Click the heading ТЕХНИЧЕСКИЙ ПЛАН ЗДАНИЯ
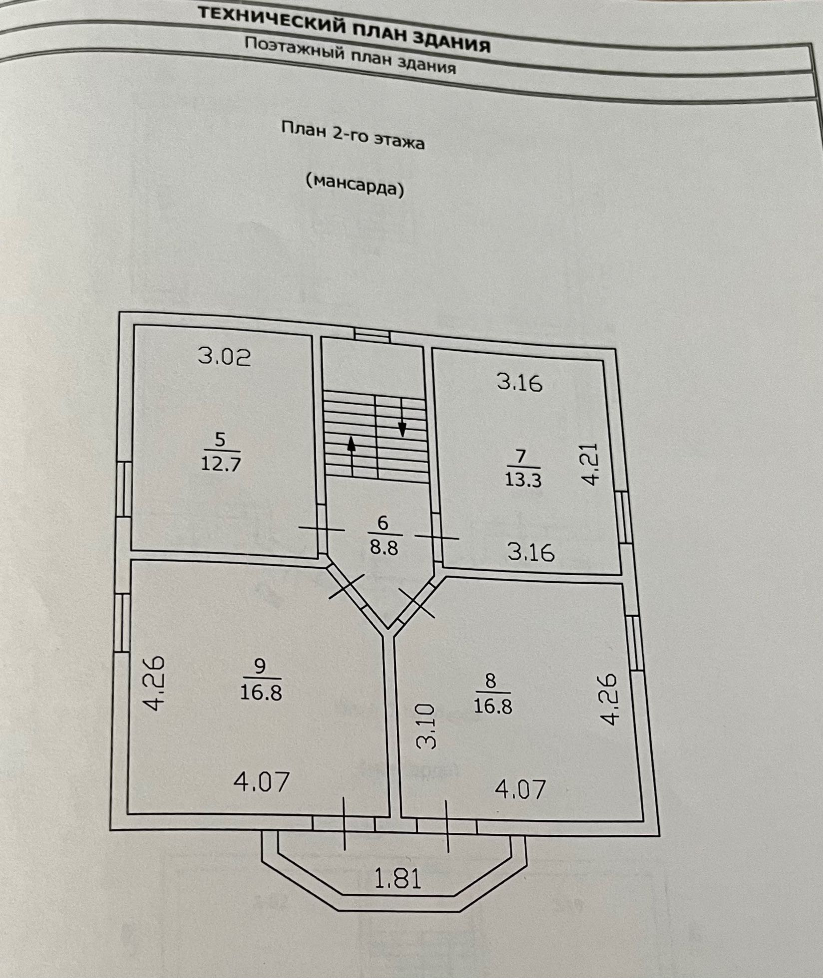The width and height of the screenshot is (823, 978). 344,30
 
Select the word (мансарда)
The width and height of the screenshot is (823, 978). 355,185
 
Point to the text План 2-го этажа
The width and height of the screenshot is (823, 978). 353,135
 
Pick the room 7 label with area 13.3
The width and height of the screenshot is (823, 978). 522,469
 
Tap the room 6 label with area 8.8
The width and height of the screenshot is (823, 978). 384,535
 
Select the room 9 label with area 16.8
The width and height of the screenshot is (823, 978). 261,680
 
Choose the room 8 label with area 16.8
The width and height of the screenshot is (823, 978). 492,694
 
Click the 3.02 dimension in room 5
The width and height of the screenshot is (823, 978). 224,357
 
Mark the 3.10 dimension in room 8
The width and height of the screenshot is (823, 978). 426,727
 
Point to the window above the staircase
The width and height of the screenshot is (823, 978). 372,334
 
